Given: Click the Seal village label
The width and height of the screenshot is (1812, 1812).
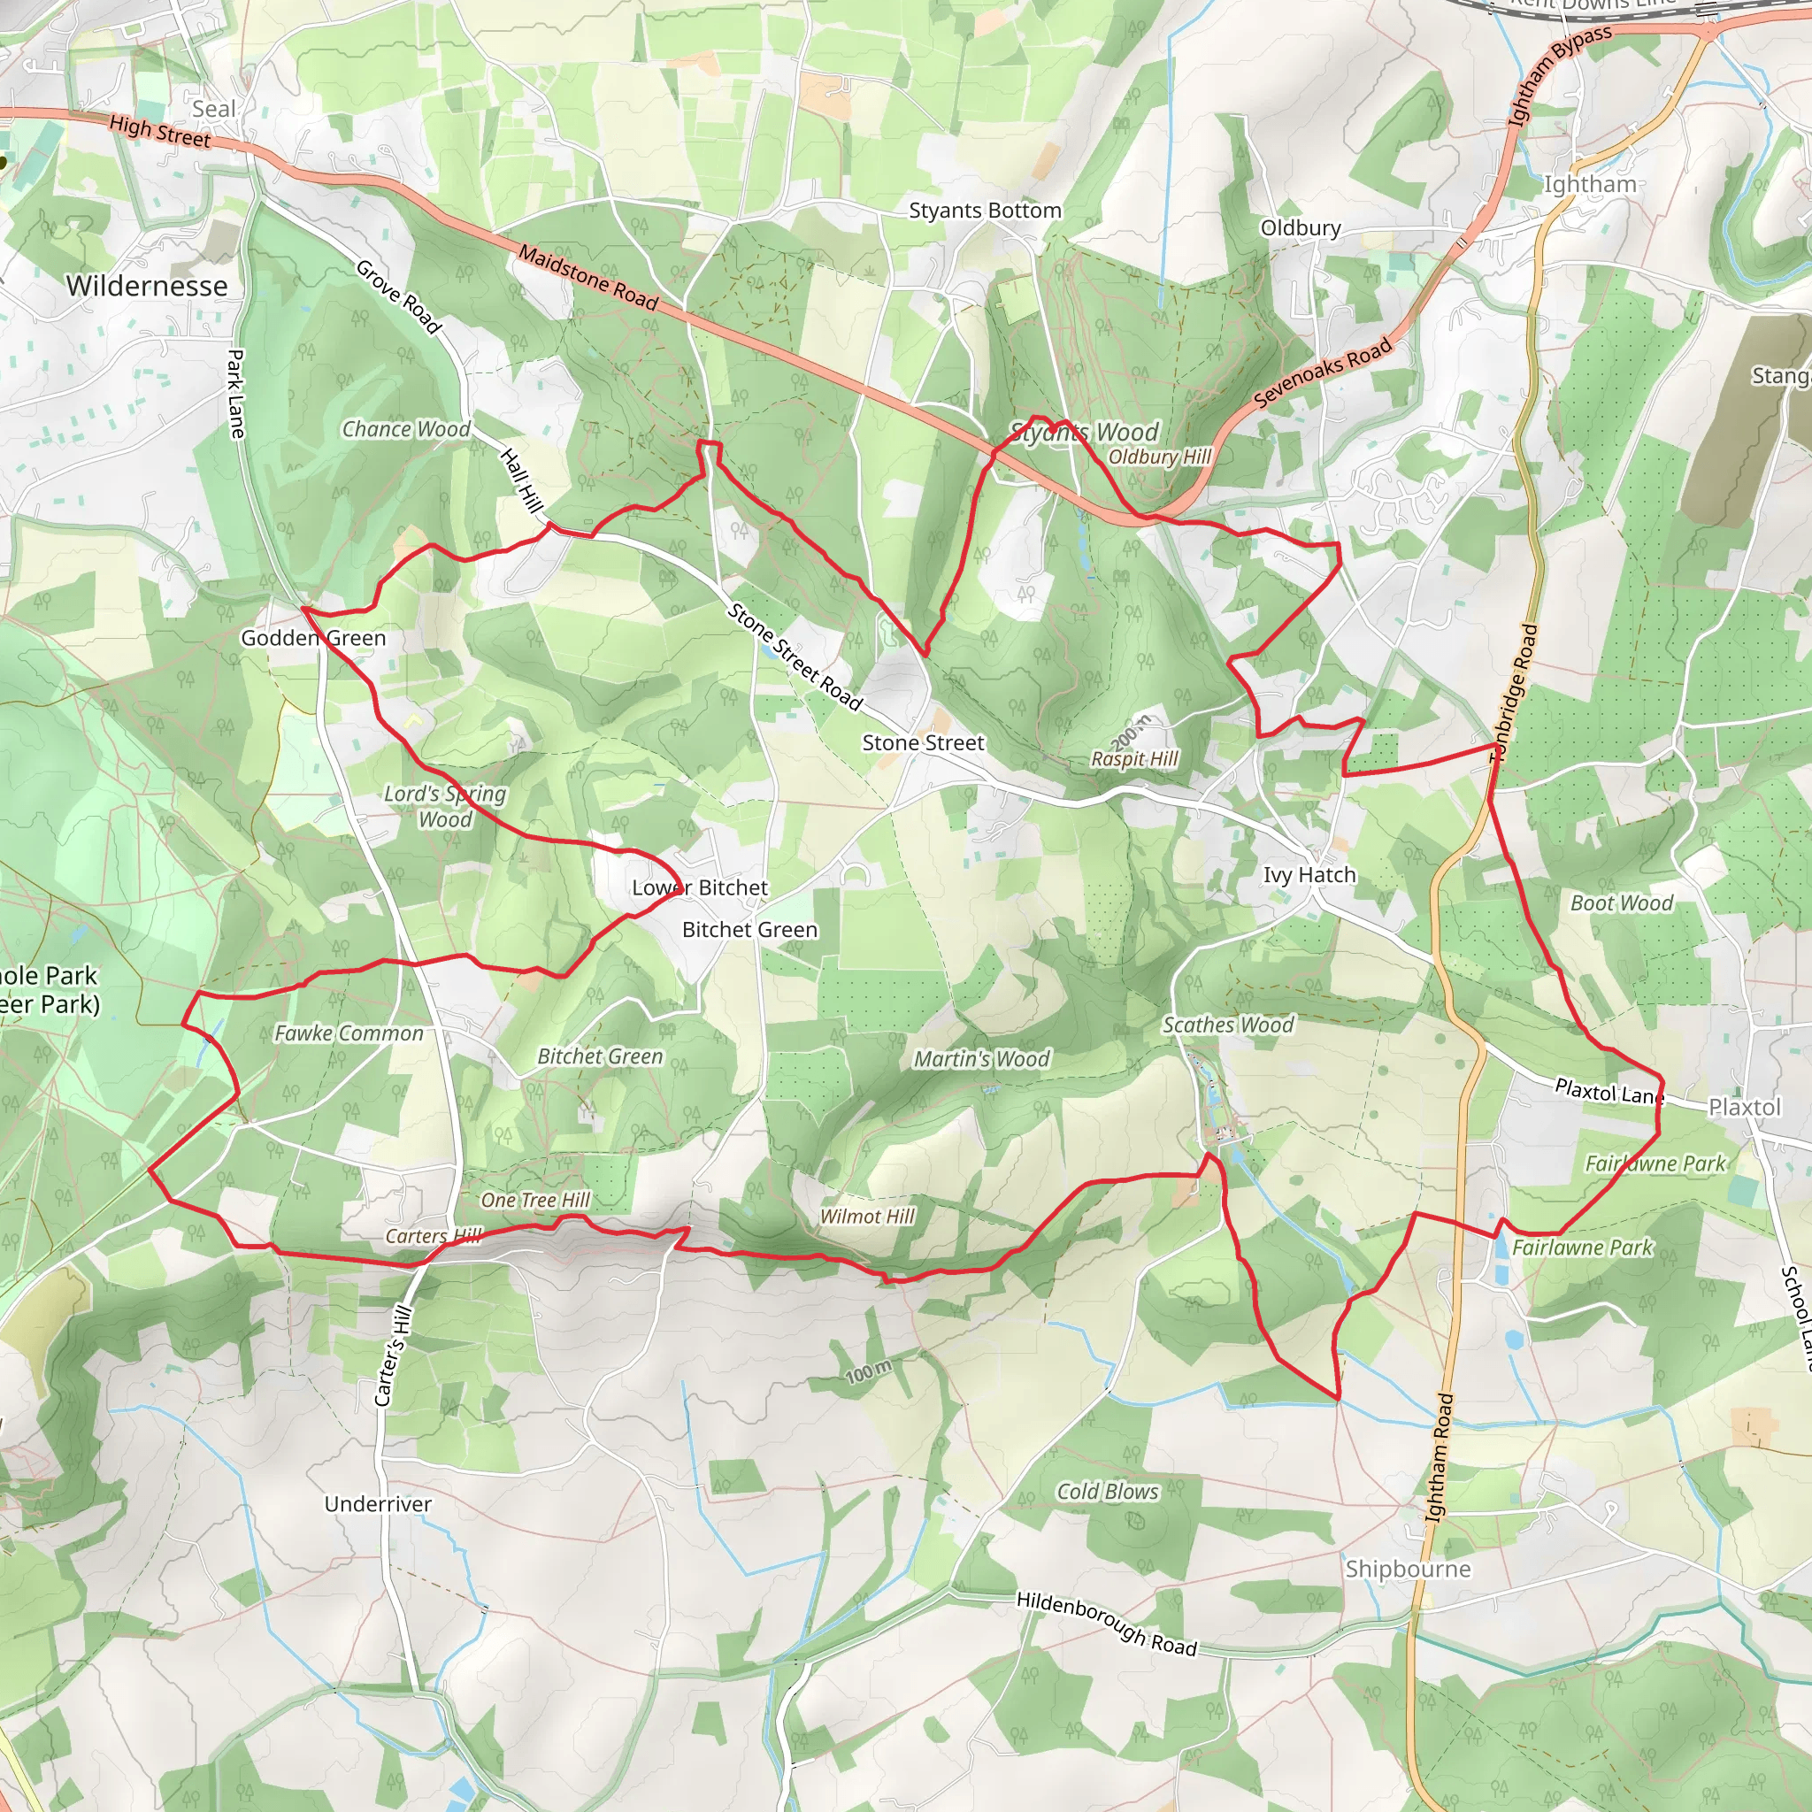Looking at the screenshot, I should pos(214,109).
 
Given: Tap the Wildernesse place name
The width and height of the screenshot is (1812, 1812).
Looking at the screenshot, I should pos(147,285).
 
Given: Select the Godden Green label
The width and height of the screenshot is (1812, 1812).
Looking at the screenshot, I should pos(313,639).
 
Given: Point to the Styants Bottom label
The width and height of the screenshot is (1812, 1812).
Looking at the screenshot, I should pos(985,210).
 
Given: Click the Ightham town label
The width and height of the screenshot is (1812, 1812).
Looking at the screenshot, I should pos(1590,184).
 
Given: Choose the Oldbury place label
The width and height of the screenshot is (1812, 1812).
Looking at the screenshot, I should pos(1300,228).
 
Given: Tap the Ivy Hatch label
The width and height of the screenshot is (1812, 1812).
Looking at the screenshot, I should pos(1309,875).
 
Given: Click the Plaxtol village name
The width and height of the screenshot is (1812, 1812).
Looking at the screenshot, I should pos(1744,1108).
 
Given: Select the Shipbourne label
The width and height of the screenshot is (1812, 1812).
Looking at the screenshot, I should pos(1408,1569).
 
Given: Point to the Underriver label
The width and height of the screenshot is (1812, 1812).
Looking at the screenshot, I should pos(378,1503).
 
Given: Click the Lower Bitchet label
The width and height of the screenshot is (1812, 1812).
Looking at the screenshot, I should pos(700,887).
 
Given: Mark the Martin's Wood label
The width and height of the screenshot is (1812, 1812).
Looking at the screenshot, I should pos(982,1059).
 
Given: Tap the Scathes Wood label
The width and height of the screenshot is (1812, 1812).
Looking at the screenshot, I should pos(1228,1025).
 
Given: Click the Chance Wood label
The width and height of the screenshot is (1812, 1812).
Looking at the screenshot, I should pos(406,429).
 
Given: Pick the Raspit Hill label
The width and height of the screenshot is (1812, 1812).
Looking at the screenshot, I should pos(1134,759).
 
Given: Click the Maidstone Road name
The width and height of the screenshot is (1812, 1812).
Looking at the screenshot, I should pos(588,278).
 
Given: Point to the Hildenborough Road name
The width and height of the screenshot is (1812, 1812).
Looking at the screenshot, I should pos(1107,1624).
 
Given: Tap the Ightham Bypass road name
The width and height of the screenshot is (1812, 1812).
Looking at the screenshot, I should pos(1558,75).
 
